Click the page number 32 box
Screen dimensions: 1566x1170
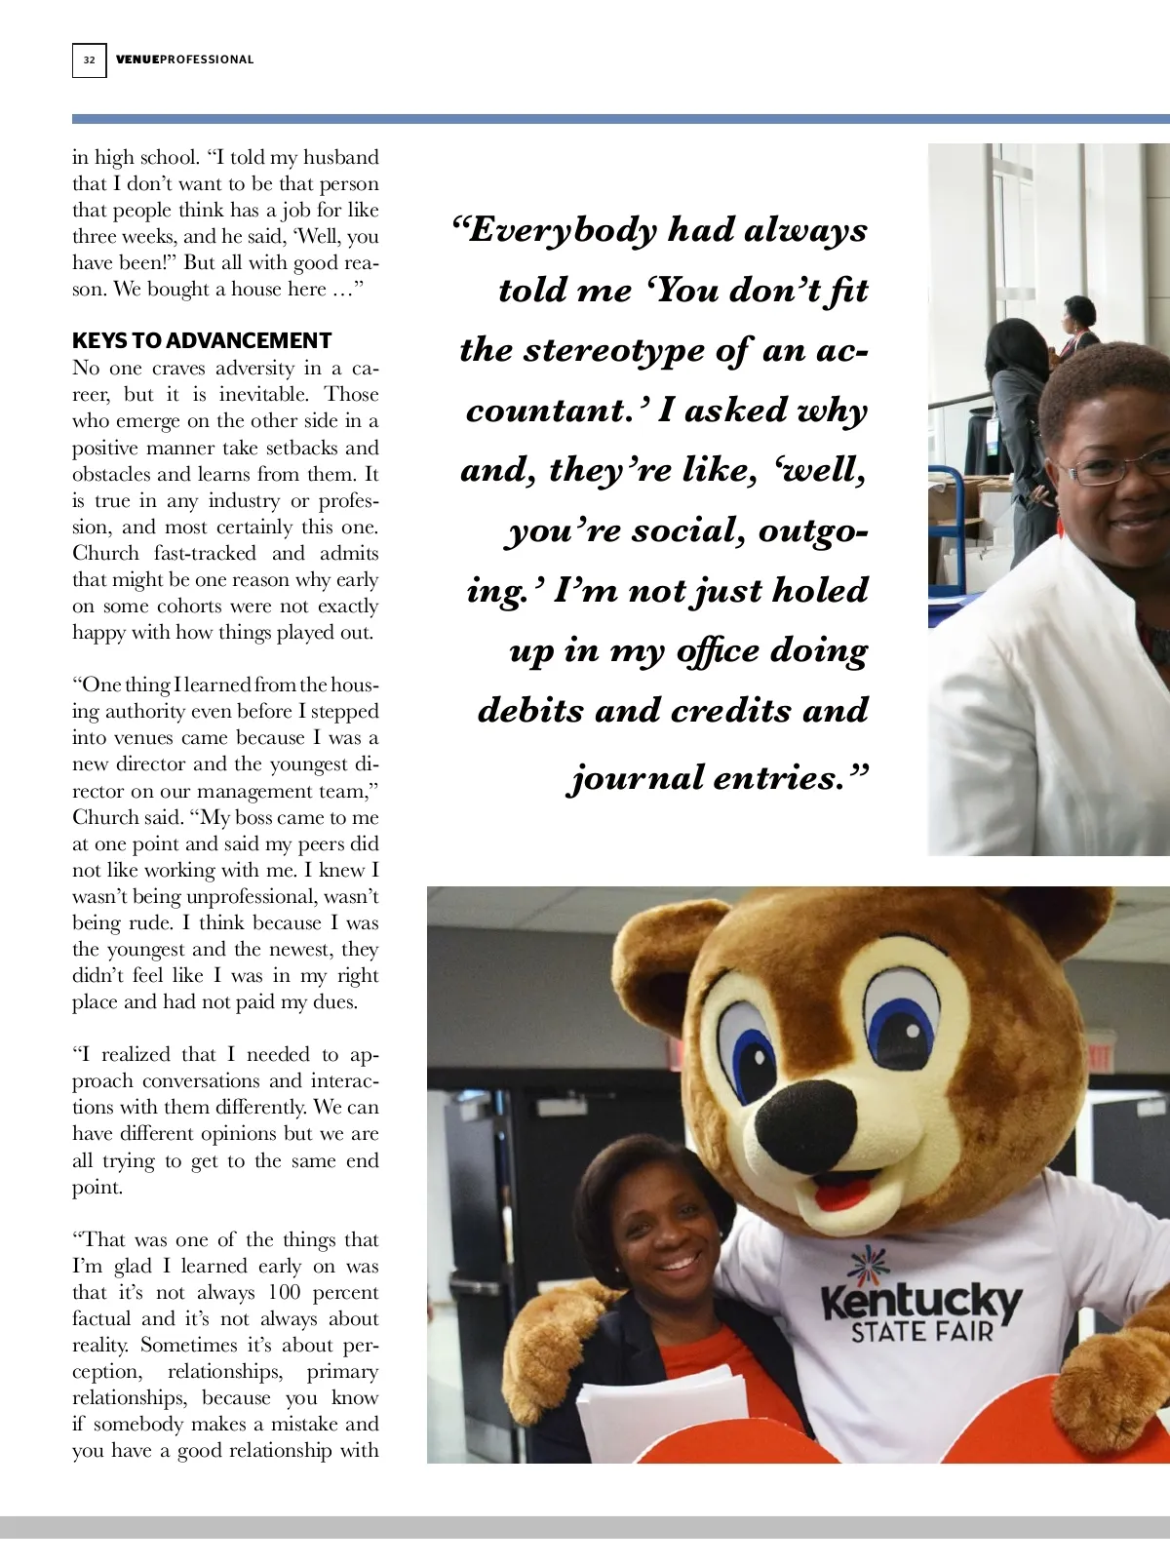(x=89, y=59)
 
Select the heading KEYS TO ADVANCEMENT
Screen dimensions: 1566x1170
(x=202, y=340)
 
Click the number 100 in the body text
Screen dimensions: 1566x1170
(x=284, y=1292)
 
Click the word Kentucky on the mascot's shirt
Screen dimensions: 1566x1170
(x=920, y=1302)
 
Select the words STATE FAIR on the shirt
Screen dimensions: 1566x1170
(x=921, y=1332)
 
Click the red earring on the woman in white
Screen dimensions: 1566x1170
(x=1060, y=527)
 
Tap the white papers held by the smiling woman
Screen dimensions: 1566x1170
(x=663, y=1414)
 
